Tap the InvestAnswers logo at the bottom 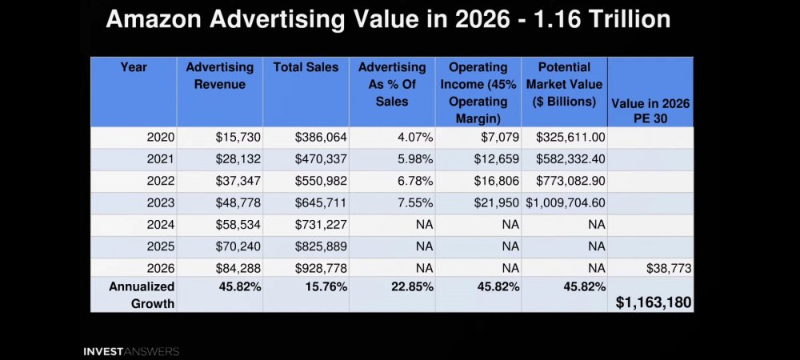tap(131, 351)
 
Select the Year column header tap(134, 67)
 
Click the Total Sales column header tap(306, 67)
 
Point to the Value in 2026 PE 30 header tap(650, 110)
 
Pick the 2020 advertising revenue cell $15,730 tap(238, 137)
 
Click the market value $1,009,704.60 tap(566, 203)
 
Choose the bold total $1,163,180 tap(654, 302)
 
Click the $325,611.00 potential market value tap(570, 137)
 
